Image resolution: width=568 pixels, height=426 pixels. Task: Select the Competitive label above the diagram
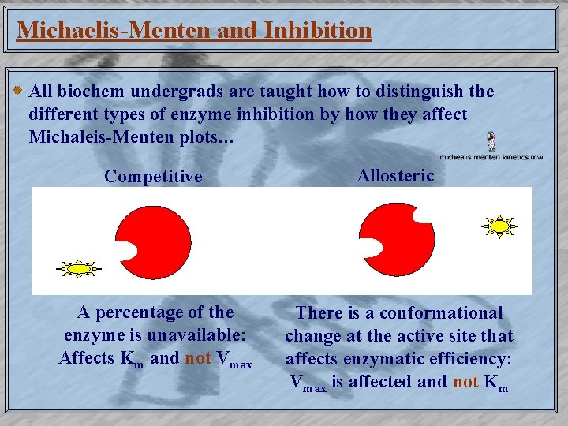[x=153, y=176]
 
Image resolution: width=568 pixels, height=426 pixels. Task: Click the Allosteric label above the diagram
[x=395, y=175]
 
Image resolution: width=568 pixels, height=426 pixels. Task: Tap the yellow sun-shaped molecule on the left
[x=79, y=269]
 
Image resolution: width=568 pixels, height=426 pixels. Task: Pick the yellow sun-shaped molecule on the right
[x=499, y=226]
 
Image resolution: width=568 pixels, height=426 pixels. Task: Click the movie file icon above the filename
[x=491, y=141]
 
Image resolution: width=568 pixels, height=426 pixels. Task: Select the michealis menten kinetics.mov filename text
[x=491, y=157]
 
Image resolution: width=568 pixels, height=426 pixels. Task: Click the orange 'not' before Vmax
[x=197, y=358]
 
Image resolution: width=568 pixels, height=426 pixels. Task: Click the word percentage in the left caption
[x=139, y=312]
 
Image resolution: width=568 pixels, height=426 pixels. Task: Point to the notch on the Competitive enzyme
[x=126, y=252]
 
